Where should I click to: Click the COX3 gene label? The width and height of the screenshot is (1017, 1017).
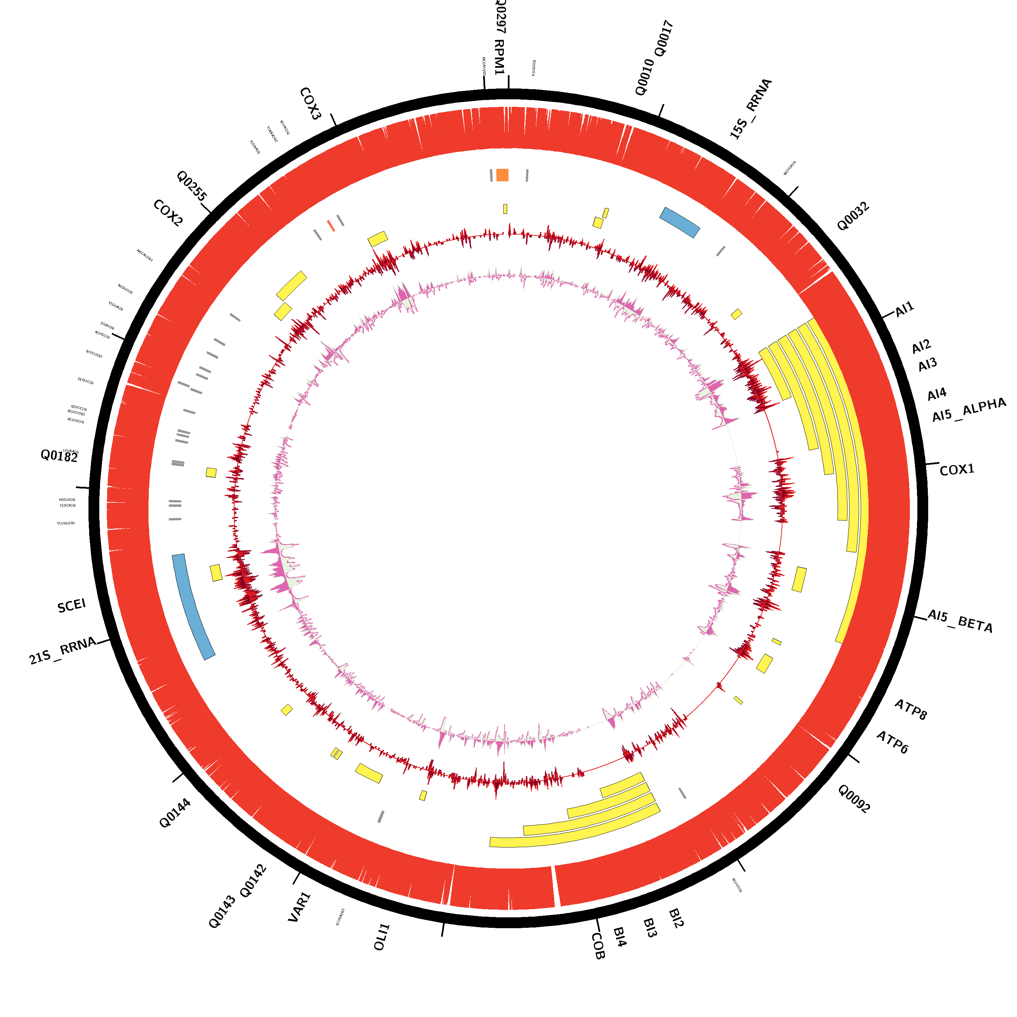310,104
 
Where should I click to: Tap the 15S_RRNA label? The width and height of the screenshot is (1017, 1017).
751,109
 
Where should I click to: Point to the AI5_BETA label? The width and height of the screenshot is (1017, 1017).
960,621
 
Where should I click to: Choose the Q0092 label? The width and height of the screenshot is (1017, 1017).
854,799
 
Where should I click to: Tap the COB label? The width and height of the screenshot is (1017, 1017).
598,946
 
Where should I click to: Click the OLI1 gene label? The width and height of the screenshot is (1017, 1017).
382,937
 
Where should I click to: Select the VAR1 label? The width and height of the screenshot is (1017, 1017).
300,907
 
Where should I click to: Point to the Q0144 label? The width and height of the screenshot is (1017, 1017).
175,813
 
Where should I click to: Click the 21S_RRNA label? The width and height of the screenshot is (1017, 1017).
63,651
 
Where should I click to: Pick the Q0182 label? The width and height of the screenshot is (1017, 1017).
59,456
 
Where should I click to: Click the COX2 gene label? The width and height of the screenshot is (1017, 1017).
168,213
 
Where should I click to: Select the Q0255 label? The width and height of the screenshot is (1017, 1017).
192,185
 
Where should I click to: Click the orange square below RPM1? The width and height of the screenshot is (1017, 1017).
502,175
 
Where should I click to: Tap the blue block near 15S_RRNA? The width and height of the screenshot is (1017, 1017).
680,222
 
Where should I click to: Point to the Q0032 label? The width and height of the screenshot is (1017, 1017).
853,216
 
